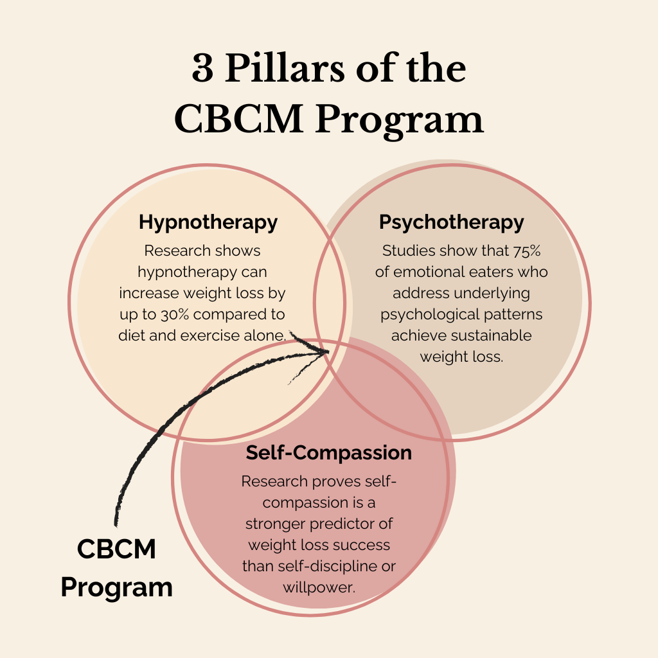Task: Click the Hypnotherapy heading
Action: pos(208,222)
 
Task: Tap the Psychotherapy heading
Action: pos(451,222)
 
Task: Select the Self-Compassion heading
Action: pos(328,452)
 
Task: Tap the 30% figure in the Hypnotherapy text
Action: pos(191,314)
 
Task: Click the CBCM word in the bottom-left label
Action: pos(116,549)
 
